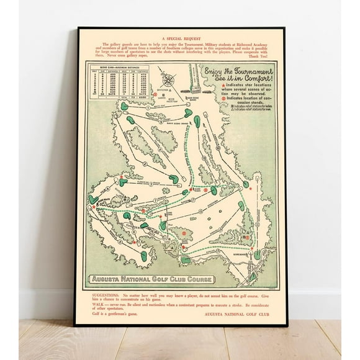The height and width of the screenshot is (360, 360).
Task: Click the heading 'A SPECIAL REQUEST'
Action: (x=179, y=37)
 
